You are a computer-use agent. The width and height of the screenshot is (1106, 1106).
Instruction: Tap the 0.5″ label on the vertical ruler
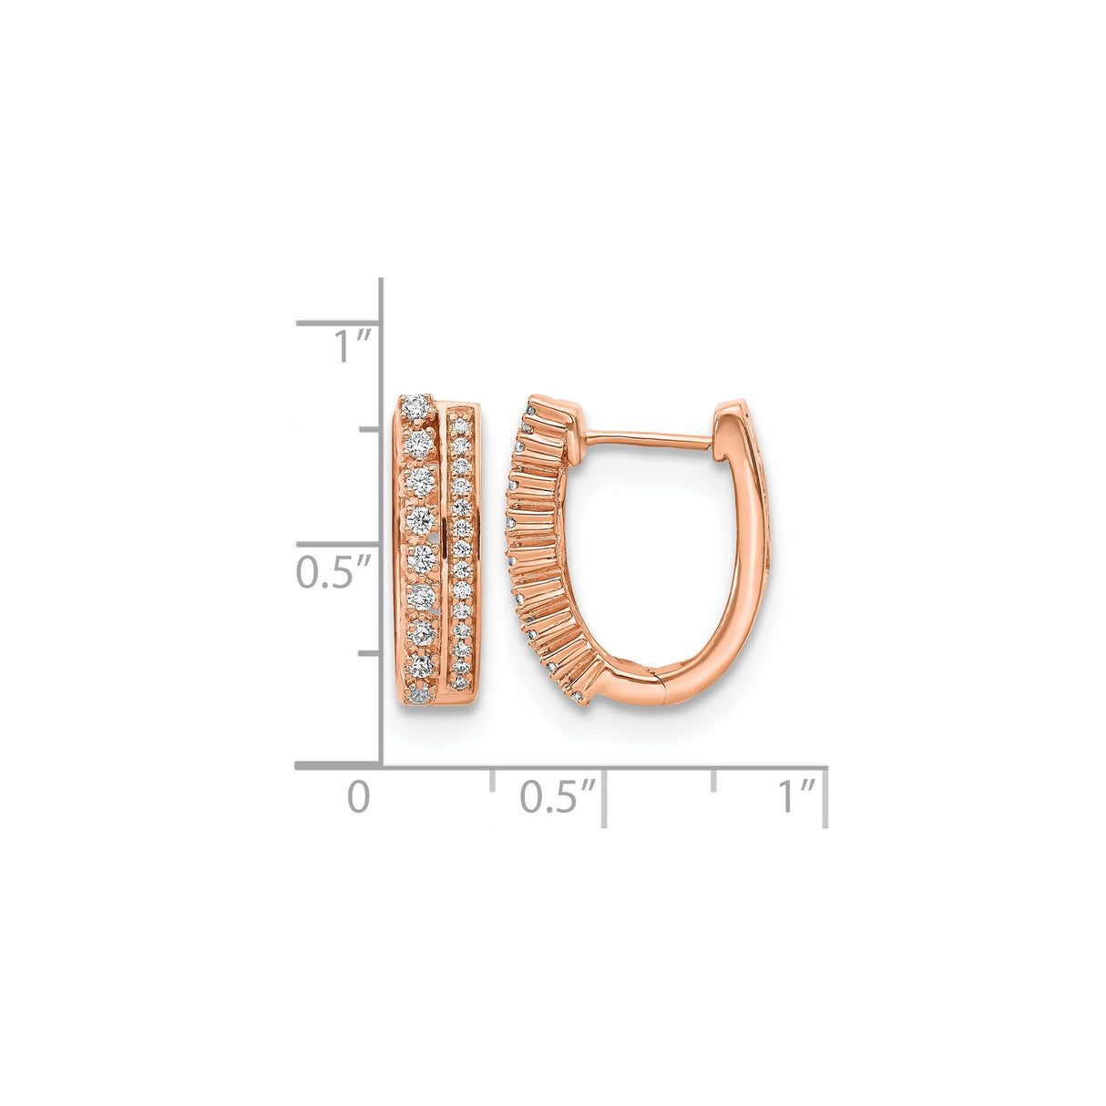[333, 573]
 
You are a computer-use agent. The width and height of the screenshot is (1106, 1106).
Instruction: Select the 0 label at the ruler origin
[359, 797]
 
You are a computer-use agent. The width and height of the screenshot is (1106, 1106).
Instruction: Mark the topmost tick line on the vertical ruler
[337, 323]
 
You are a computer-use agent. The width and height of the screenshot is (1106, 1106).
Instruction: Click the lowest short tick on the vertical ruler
[368, 653]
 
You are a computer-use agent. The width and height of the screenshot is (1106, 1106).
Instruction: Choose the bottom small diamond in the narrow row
[461, 683]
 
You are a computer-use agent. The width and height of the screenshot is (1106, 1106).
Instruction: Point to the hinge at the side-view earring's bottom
[659, 685]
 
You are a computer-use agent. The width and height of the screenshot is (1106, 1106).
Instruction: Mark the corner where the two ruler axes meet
[380, 766]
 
